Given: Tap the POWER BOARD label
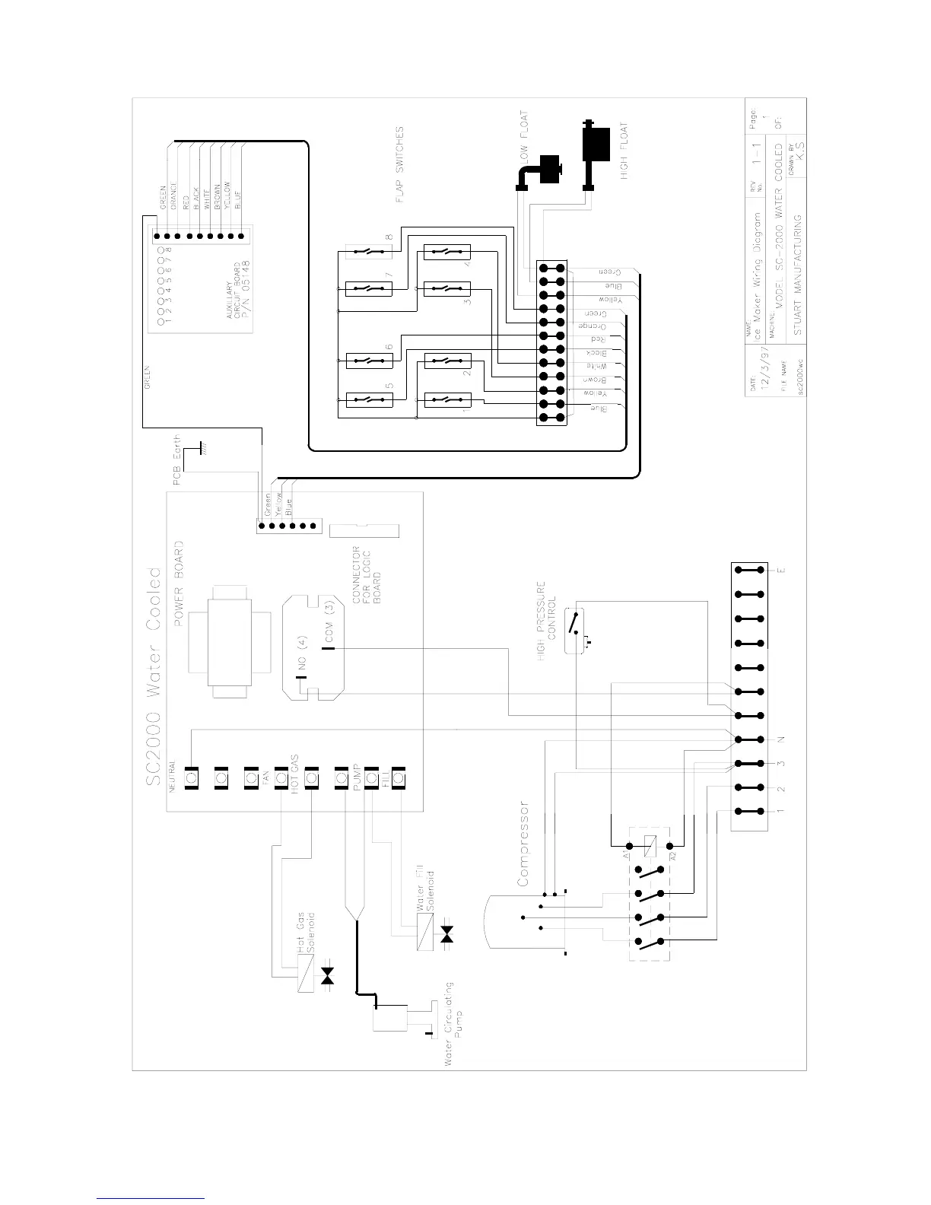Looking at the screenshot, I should pos(180,583).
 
